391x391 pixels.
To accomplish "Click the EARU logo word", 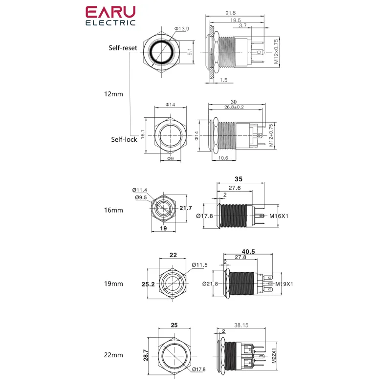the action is coord(110,12).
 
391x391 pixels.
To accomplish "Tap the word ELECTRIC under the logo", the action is coord(110,22).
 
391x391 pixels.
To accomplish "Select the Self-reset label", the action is coord(123,48).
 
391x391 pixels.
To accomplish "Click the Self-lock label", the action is coord(124,139).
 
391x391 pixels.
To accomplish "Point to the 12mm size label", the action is coord(113,94).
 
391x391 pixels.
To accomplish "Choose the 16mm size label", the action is coord(113,210).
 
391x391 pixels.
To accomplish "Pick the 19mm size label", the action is coord(113,284).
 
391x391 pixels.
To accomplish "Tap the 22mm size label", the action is coord(113,355).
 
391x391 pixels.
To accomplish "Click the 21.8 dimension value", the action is coord(230,13).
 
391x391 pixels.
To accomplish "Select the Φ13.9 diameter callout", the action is coord(182,29).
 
